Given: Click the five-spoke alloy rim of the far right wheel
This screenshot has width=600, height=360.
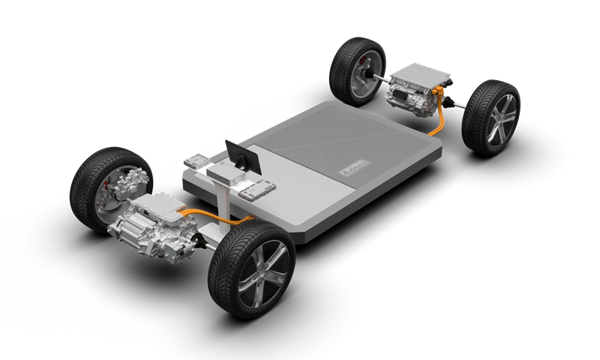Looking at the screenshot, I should [498, 120].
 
